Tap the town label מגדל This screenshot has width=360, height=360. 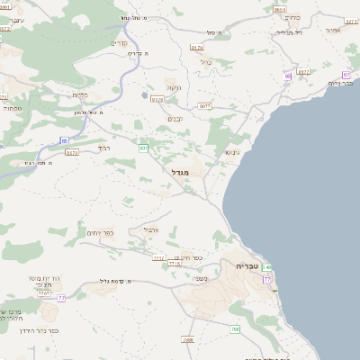pyautogui.click(x=180, y=171)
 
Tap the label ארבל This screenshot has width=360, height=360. pyautogui.click(x=149, y=229)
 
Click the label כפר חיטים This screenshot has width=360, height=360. pyautogui.click(x=184, y=256)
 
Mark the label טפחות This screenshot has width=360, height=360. pyautogui.click(x=13, y=107)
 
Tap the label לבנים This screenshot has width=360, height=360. pyautogui.click(x=176, y=118)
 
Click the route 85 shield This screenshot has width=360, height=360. pyautogui.click(x=65, y=140)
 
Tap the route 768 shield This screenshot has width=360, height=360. pyautogui.click(x=234, y=330)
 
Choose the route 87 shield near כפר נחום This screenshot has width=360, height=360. pyautogui.click(x=347, y=75)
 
